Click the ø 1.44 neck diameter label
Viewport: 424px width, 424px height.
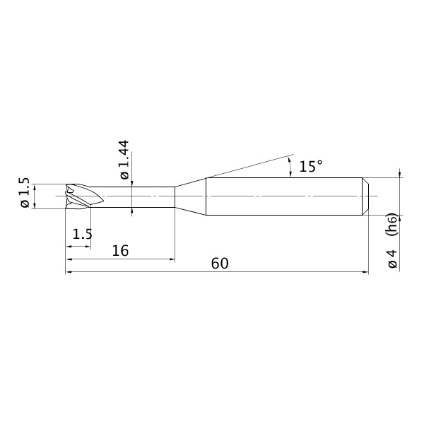[x=124, y=160]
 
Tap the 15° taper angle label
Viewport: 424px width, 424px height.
[x=311, y=166]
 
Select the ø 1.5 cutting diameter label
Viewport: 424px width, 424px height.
[x=24, y=192]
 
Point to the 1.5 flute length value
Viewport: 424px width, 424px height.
[x=83, y=234]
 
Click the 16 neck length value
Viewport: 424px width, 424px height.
[x=120, y=251]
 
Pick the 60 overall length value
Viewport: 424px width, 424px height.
[x=220, y=264]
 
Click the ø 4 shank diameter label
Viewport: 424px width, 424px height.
[x=392, y=259]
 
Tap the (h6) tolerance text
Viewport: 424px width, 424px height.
[x=392, y=224]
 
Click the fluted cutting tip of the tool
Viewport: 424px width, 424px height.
[x=84, y=196]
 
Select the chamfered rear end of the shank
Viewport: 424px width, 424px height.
[x=365, y=196]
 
